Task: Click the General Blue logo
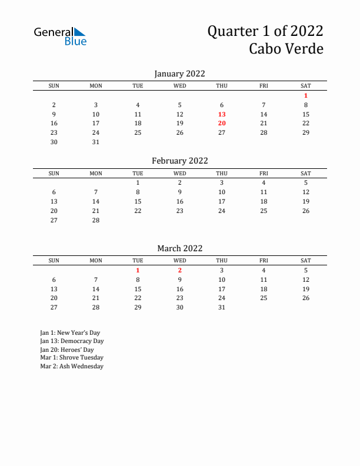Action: click(x=60, y=36)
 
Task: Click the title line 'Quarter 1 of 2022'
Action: click(x=265, y=31)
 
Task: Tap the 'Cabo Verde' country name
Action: click(x=286, y=49)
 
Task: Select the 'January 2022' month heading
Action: click(x=179, y=74)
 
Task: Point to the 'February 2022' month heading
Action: click(x=179, y=161)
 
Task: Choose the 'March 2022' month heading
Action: click(x=179, y=248)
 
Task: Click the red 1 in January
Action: click(x=306, y=95)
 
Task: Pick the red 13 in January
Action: click(x=222, y=114)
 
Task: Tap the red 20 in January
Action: click(x=222, y=123)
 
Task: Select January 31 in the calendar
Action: click(x=96, y=142)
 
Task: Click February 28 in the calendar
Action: click(x=96, y=220)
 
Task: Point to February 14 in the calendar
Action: click(x=96, y=201)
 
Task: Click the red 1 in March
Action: click(x=138, y=270)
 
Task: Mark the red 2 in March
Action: click(x=180, y=270)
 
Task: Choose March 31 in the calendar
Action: click(x=222, y=307)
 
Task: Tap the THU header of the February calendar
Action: click(x=222, y=173)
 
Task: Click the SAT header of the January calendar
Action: click(x=306, y=86)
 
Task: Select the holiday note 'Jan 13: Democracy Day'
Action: click(x=72, y=341)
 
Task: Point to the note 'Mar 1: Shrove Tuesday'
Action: click(x=72, y=357)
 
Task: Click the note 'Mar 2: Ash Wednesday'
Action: click(x=72, y=366)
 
